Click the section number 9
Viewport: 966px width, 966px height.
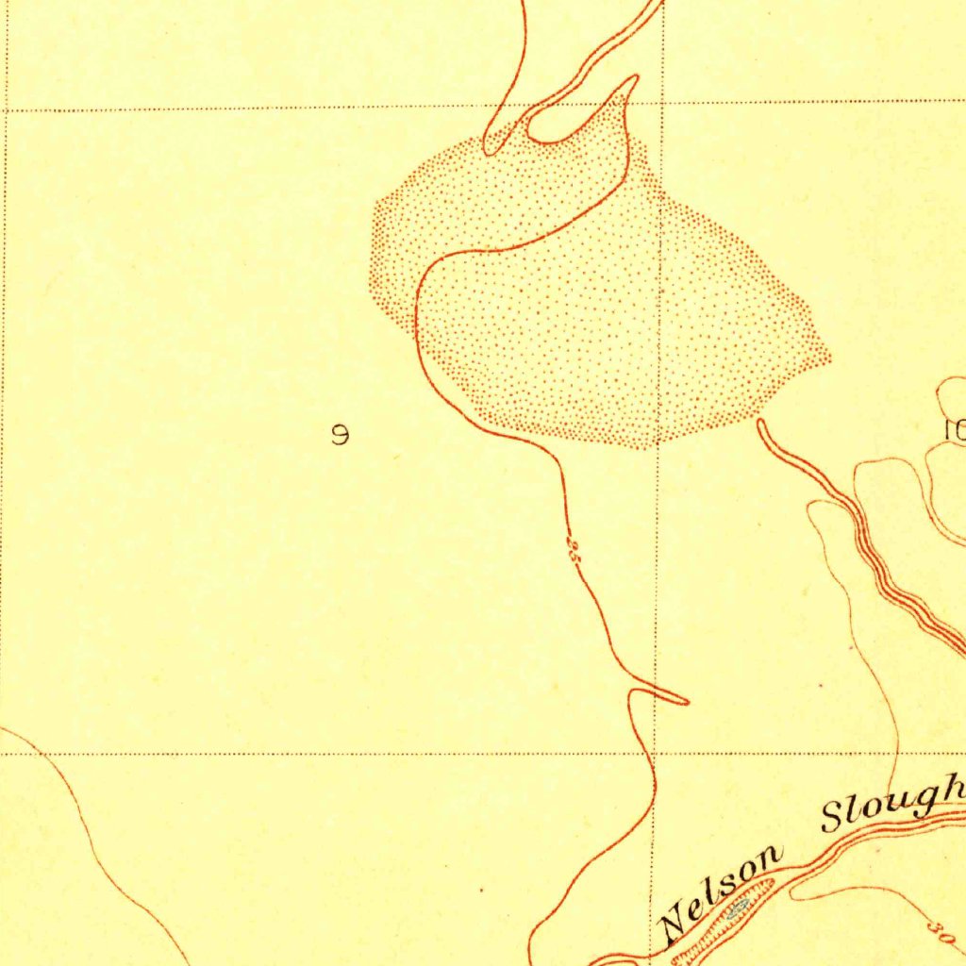[341, 435]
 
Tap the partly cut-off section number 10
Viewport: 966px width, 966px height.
[954, 430]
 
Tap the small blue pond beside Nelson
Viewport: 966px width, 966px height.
[738, 907]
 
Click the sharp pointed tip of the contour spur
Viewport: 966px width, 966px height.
[687, 702]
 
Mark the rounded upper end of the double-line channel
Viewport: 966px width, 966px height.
[761, 424]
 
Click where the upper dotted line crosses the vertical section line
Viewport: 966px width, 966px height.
[663, 103]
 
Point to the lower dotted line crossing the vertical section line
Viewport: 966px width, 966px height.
[654, 754]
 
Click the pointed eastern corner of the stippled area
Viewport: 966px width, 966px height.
[829, 358]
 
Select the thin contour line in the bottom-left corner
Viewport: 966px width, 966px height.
[94, 840]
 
